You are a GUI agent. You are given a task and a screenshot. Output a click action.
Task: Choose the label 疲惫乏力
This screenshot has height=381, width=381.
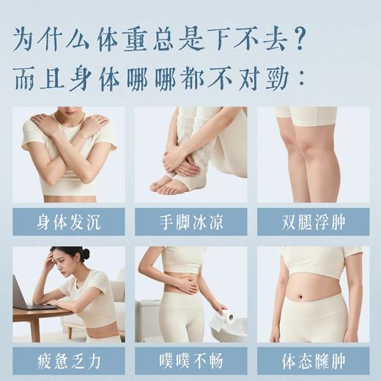(67, 361)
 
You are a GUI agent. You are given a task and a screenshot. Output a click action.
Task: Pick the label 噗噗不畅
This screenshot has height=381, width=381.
(190, 361)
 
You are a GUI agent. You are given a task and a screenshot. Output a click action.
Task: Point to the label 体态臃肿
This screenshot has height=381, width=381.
(312, 361)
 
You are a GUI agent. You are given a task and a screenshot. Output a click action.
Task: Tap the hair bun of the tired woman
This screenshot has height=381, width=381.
(86, 254)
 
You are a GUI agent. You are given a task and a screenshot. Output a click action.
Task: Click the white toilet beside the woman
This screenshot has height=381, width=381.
(150, 322)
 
